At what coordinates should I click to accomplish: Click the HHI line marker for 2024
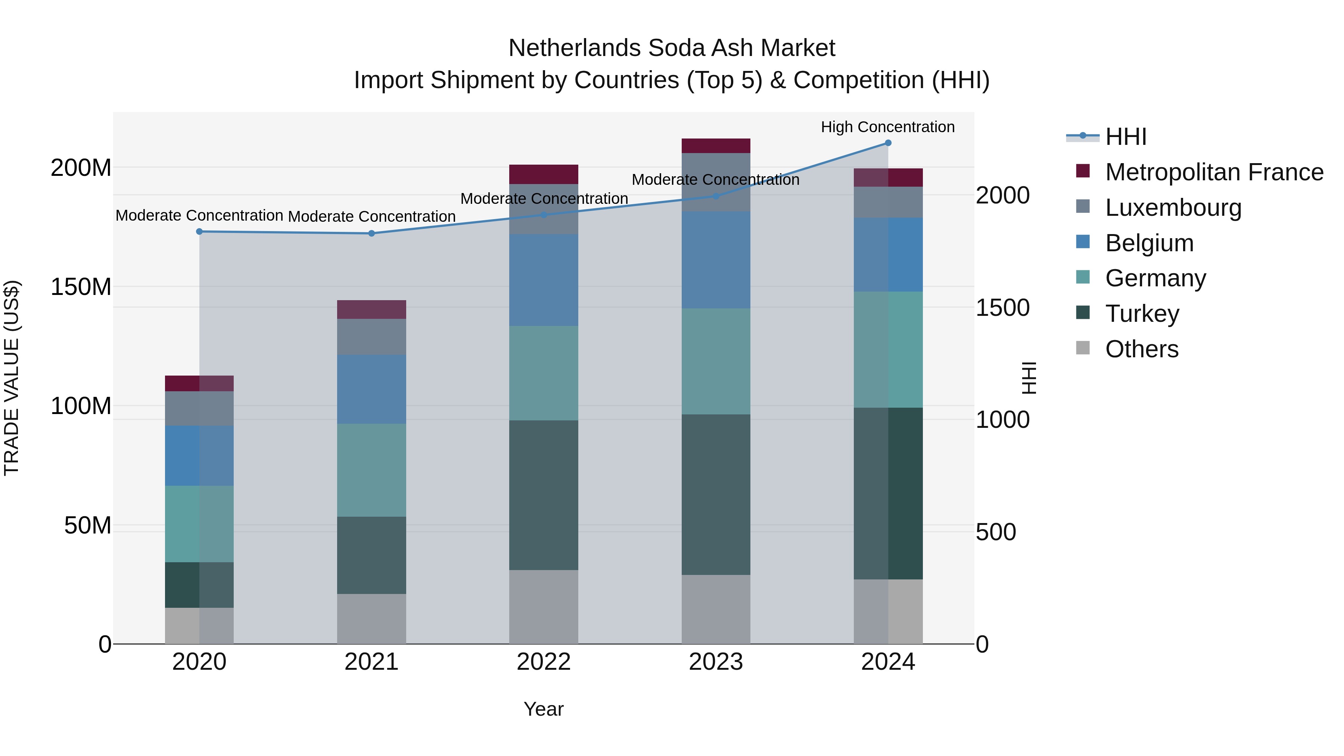pos(888,143)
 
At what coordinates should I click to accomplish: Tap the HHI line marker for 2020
pos(199,231)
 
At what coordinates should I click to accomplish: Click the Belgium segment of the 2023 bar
pos(716,260)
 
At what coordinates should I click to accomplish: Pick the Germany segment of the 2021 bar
pos(371,470)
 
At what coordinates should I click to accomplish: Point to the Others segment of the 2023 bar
pos(716,609)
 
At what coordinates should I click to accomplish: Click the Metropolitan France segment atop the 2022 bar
pos(544,174)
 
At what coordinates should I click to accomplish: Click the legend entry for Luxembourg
pos(1173,208)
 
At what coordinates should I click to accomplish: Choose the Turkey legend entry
pos(1142,314)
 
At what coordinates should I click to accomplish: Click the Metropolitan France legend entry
pos(1214,172)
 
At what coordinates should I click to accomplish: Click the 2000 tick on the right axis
pos(1002,196)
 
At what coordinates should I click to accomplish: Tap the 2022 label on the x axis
pos(544,662)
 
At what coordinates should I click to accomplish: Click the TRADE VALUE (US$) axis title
pos(12,378)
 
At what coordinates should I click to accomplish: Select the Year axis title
pos(544,709)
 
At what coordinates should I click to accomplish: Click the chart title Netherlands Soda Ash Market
pos(672,48)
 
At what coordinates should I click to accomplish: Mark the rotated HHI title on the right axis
pos(1029,378)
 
